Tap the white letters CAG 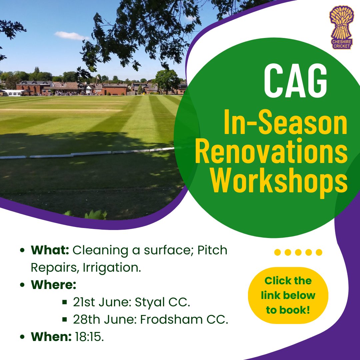tap(295, 82)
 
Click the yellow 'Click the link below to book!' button tap(288, 295)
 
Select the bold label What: tap(50, 250)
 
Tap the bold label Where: tap(54, 285)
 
